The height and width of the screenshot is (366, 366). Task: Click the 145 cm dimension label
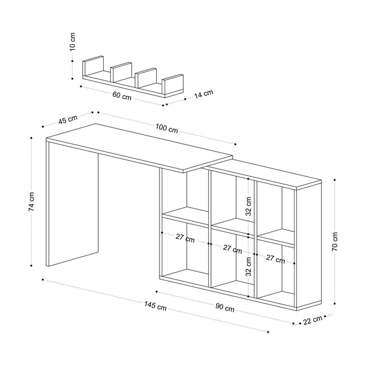155,306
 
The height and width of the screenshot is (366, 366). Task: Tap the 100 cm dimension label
167,128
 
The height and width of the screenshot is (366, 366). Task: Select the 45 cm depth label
68,119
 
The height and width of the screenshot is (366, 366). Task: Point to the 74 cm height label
31,201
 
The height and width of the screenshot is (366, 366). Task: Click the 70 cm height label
334,241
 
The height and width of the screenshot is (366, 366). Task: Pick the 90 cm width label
225,308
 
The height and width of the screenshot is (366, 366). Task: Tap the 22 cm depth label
313,319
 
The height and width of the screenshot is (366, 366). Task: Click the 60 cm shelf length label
122,96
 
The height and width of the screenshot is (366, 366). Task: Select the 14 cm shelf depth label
204,94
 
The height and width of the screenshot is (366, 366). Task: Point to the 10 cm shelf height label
73,42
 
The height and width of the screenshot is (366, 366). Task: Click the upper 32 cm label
249,207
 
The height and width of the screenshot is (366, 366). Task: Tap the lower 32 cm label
249,267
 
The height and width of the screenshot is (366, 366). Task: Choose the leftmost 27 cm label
185,238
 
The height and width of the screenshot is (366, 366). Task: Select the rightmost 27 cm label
275,259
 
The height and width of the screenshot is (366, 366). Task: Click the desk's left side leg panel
73,203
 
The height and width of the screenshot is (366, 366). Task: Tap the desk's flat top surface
140,148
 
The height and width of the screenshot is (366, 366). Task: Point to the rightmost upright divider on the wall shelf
173,84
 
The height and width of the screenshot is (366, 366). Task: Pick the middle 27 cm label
232,249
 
